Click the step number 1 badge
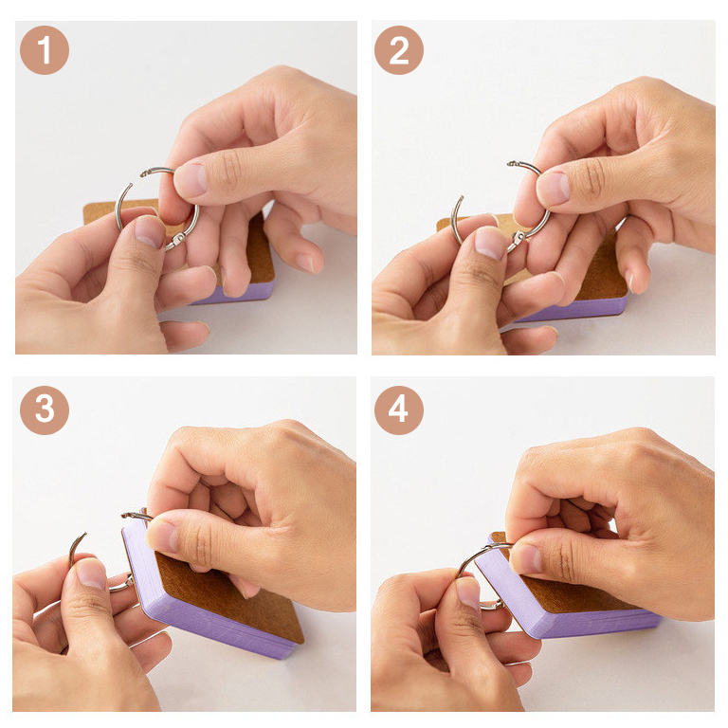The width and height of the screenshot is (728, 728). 45,50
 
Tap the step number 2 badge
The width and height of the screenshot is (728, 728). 399,50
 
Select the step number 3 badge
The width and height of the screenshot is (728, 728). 45,409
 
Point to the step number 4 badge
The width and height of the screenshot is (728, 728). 399,409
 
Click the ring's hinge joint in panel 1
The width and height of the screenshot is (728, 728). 176,241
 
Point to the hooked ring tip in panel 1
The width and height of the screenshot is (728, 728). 145,173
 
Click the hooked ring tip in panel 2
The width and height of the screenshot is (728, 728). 512,163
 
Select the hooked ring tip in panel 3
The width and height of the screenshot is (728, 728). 126,515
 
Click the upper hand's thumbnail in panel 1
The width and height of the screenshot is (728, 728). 190,180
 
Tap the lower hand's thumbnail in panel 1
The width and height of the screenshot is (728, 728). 150,231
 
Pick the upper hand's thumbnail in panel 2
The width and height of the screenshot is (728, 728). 553,189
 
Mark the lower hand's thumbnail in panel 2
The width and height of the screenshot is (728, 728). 490,243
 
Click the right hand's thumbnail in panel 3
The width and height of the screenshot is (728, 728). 161,537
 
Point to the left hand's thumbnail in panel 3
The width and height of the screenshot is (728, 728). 91,574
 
